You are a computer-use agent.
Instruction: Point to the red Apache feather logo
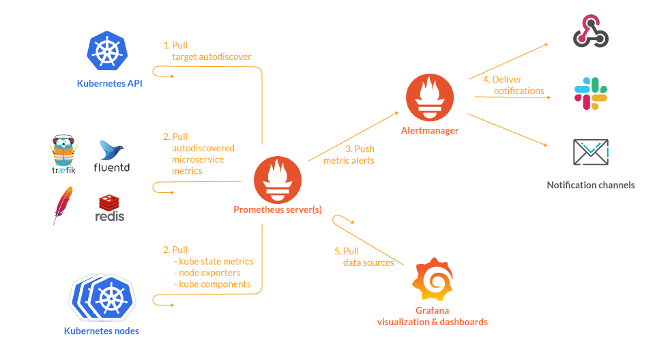point(63,205)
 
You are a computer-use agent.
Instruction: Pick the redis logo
point(110,208)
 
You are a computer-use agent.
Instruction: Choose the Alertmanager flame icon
point(429,97)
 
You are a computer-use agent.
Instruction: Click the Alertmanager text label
point(430,130)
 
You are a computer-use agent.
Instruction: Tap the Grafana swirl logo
point(433,280)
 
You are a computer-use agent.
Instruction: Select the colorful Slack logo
point(590,93)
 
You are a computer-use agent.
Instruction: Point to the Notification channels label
point(590,185)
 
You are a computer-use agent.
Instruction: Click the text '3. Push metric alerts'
point(350,155)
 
